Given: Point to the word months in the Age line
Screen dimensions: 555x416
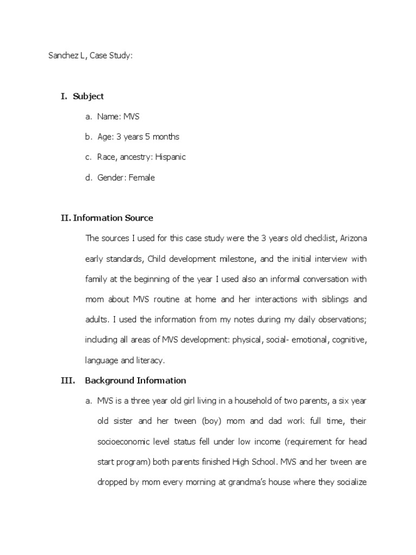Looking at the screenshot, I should [x=165, y=137].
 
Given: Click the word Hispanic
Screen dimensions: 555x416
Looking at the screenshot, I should [x=170, y=157].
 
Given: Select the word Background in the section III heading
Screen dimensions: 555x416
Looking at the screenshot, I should [x=108, y=380].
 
